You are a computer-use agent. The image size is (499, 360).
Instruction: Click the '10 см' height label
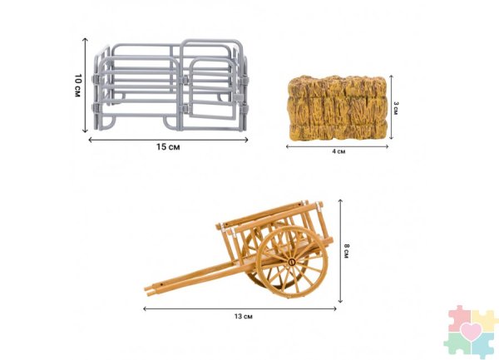(x=78, y=86)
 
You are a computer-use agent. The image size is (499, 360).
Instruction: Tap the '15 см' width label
(x=168, y=147)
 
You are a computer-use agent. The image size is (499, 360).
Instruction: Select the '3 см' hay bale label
(x=396, y=108)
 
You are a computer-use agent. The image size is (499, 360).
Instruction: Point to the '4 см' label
(x=338, y=151)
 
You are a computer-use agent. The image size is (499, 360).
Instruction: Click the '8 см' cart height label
(x=347, y=251)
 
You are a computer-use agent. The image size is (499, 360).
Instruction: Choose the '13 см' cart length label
(x=244, y=317)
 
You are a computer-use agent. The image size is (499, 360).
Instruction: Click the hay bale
(x=337, y=108)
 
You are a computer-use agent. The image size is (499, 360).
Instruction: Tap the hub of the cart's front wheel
(x=292, y=262)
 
